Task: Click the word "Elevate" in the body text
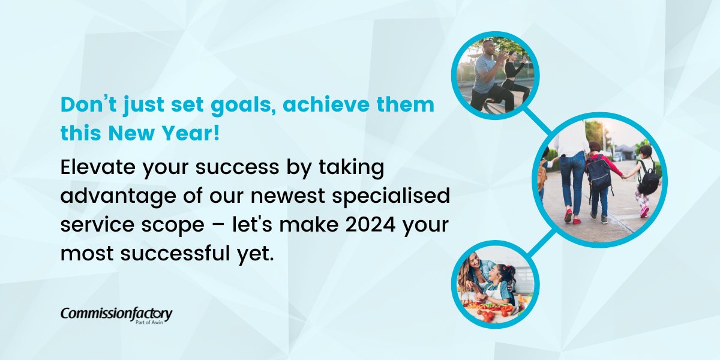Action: (x=98, y=169)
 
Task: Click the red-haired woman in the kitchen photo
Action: (x=475, y=273)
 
